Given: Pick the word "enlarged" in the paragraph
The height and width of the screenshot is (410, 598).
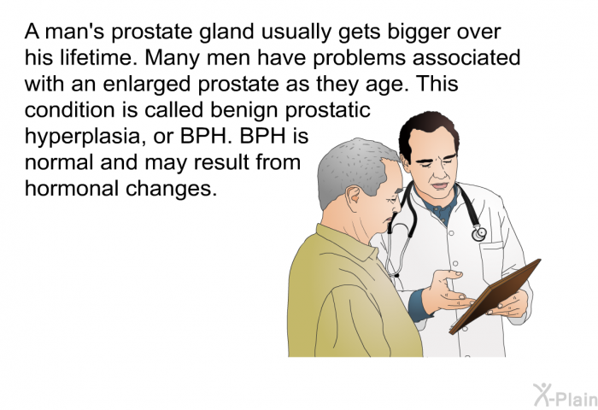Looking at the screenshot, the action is (x=147, y=85).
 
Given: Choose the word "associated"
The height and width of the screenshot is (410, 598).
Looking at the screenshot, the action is (x=466, y=57).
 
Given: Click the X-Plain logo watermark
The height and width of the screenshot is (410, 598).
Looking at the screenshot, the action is (x=565, y=395).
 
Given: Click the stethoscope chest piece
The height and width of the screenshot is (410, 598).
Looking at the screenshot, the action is (x=479, y=233).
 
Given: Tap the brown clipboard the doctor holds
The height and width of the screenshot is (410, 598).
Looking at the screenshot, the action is (x=495, y=296).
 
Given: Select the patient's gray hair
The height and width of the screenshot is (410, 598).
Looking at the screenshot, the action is (x=353, y=167).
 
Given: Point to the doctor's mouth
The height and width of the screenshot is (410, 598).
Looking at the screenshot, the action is (x=440, y=186).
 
